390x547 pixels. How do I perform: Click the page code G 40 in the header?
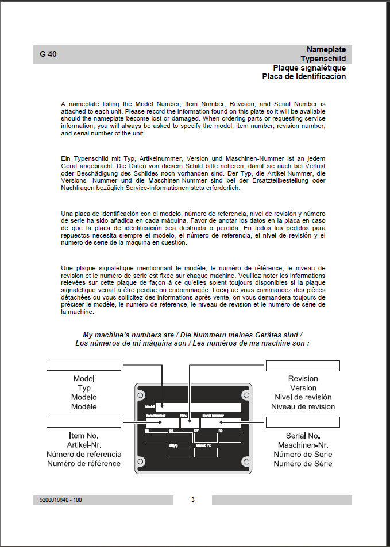(48, 55)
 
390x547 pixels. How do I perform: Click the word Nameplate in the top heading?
(326, 50)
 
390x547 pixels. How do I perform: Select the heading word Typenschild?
(323, 59)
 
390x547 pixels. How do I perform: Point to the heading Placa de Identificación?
(304, 76)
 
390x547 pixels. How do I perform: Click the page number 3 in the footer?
(192, 499)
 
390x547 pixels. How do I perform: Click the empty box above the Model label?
(83, 366)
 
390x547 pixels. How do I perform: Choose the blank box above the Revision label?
(303, 366)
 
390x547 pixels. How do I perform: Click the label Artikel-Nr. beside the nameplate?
(84, 445)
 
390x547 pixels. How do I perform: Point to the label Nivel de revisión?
(303, 397)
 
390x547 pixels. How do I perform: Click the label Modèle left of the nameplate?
(84, 406)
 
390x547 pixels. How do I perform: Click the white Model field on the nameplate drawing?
(198, 407)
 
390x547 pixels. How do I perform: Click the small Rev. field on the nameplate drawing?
(190, 422)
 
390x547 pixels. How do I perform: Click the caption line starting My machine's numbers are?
(192, 335)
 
